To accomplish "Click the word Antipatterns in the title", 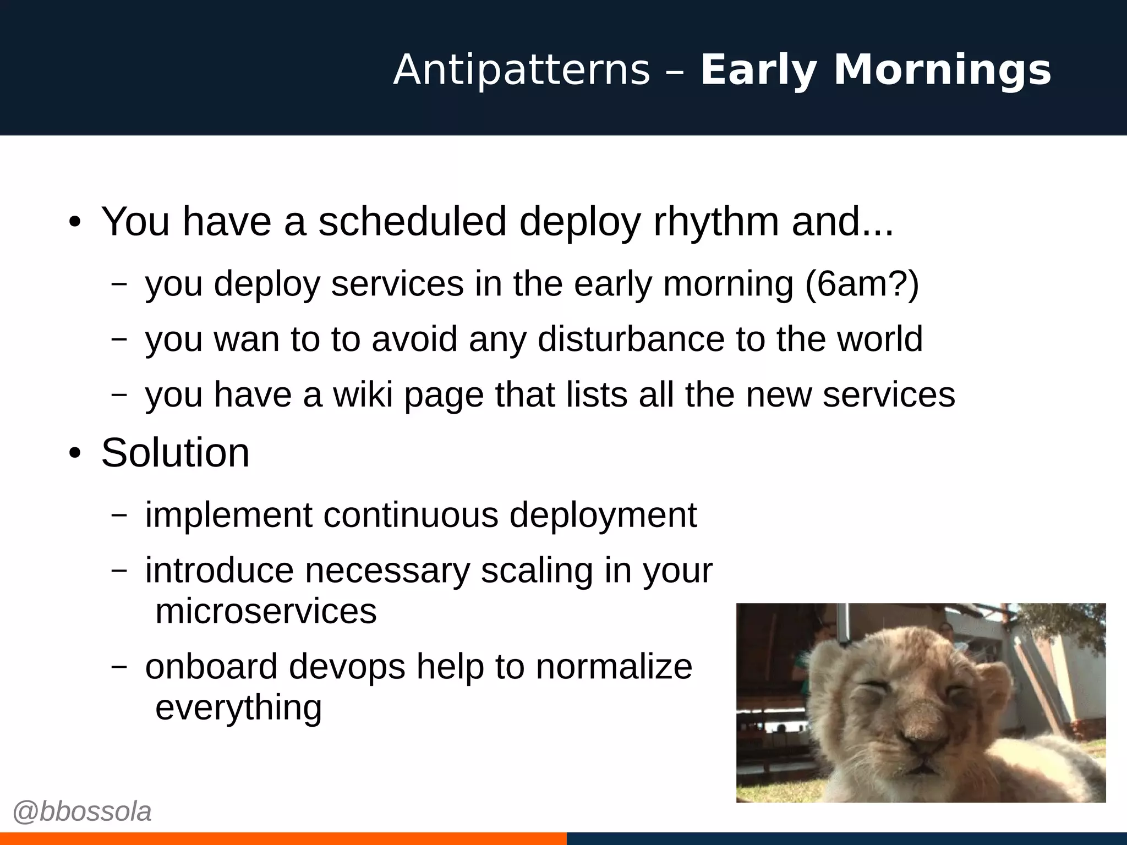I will (x=522, y=70).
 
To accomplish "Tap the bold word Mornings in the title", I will (x=942, y=70).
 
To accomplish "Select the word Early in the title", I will (x=758, y=70).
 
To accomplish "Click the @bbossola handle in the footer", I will (x=81, y=812).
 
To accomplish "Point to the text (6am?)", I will (x=862, y=284).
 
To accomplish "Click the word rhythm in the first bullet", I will (x=716, y=222).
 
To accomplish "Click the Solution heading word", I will (x=175, y=453).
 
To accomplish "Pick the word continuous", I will (x=411, y=515).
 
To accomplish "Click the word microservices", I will (x=266, y=611).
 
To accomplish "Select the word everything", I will (x=238, y=707).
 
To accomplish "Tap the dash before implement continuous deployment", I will (x=119, y=515).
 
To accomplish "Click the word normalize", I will (x=614, y=667).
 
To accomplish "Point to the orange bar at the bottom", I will (x=283, y=838).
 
